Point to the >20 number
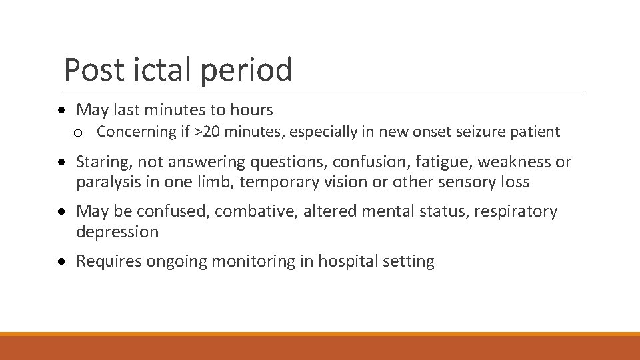coord(207,132)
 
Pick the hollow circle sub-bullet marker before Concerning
coord(78,133)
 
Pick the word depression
coord(117,232)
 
